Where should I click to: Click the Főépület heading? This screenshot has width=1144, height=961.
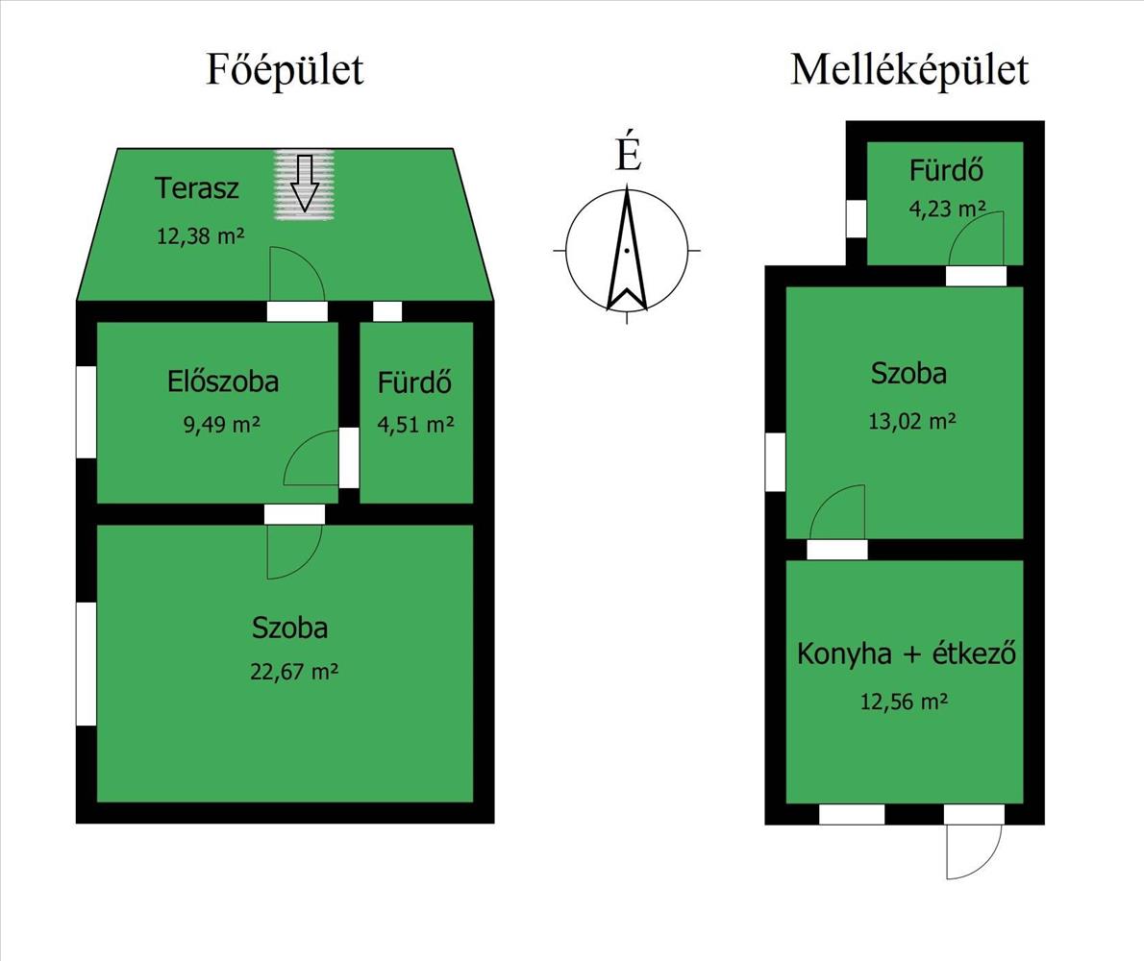pos(285,70)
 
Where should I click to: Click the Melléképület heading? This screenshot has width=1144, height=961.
pos(908,70)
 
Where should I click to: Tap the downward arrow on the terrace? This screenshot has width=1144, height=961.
pos(305,183)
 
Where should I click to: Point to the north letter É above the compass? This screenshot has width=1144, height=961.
pos(628,155)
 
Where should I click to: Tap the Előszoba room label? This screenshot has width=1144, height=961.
pos(223,382)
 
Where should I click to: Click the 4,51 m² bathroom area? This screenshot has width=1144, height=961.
pos(415,424)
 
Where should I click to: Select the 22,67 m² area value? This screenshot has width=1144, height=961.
pos(293,671)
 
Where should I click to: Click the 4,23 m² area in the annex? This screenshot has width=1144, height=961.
pos(948,209)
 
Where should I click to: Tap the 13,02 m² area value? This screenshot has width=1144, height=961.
pos(910,421)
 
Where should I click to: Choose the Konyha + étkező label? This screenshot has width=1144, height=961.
pos(907,655)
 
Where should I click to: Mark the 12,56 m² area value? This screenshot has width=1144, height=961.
pos(904,702)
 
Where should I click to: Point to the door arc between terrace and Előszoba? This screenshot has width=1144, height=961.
pos(295,275)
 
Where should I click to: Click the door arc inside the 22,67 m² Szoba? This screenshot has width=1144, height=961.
pos(292,553)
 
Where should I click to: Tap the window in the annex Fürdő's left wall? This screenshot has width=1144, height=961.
pos(856,217)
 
